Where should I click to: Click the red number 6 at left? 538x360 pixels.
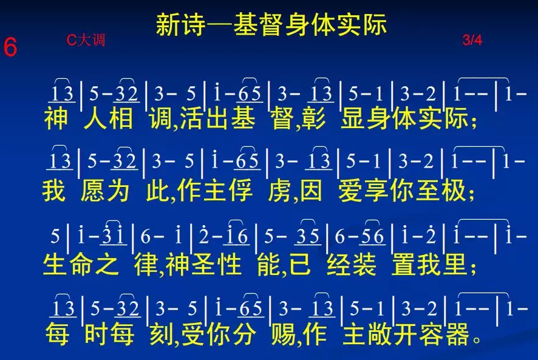(10, 47)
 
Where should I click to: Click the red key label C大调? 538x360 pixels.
(86, 40)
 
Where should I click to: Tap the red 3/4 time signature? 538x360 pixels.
(472, 40)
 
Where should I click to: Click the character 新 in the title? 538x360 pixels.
(168, 25)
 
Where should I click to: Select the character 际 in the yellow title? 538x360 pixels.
(375, 25)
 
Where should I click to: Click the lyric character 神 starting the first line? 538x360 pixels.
(56, 118)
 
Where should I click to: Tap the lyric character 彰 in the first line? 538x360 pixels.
(314, 118)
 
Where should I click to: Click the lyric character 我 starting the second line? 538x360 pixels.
(54, 191)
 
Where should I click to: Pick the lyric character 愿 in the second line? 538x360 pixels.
(93, 191)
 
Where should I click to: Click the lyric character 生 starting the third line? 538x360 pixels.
(55, 264)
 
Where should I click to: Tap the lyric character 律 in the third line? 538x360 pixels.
(146, 264)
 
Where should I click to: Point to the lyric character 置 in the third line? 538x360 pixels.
(403, 264)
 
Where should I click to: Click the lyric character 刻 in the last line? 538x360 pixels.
(161, 334)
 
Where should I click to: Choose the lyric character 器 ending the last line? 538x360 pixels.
(457, 334)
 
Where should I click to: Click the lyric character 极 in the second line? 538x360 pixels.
(454, 191)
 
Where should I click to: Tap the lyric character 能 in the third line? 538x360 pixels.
(270, 264)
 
